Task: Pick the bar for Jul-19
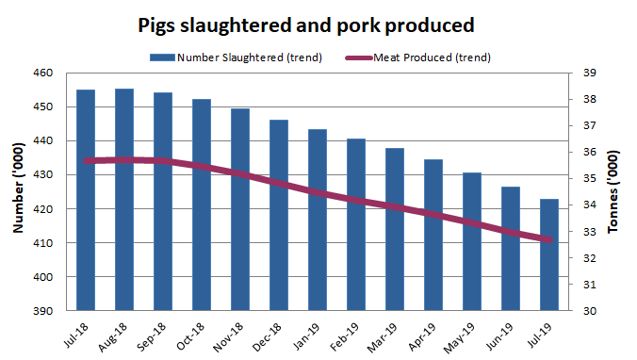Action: pos(549,254)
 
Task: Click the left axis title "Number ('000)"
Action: pos(20,190)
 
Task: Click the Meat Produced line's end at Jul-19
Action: pos(549,240)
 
